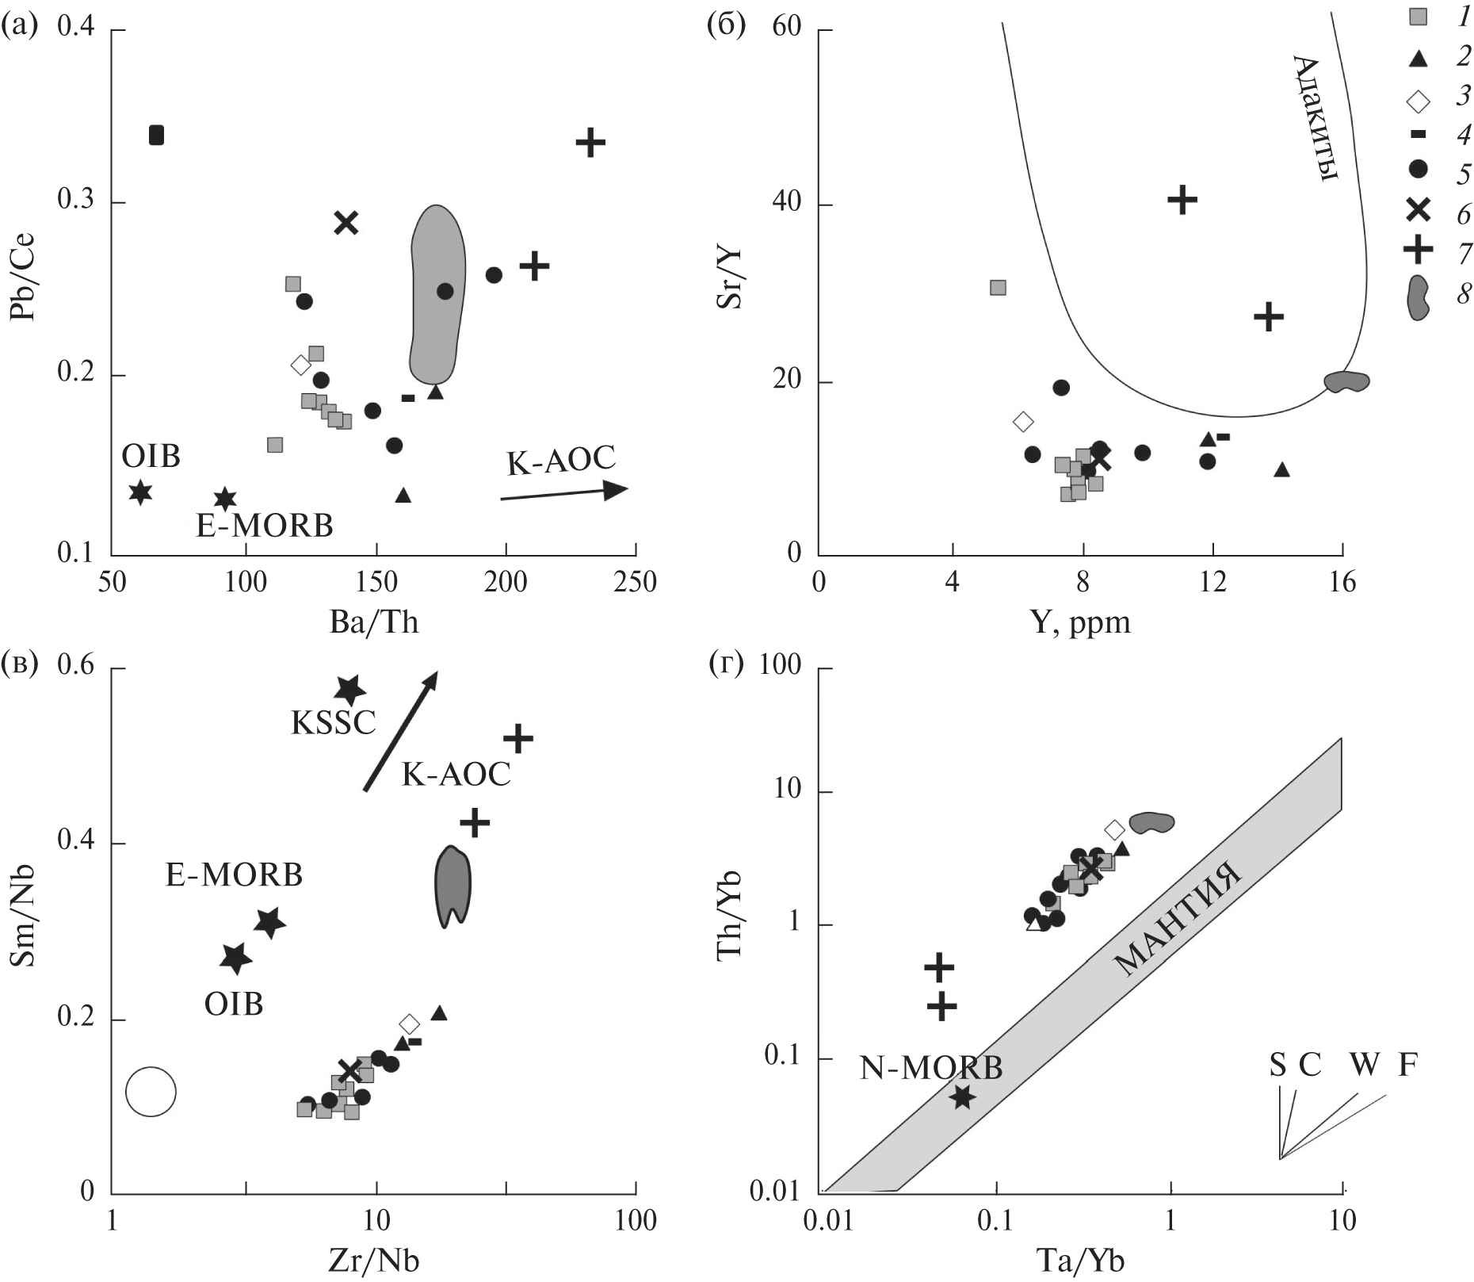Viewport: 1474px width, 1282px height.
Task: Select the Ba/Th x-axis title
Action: pos(374,622)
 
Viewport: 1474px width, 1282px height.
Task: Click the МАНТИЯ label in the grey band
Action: pos(1176,920)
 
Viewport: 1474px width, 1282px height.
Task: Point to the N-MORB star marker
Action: pos(962,1097)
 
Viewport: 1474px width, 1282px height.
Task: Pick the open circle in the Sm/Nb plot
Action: pos(151,1092)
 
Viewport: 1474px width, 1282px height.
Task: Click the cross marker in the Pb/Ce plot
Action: pos(346,223)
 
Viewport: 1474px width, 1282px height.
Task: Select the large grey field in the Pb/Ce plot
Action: pos(437,293)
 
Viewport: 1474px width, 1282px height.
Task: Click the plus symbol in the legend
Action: pos(1419,251)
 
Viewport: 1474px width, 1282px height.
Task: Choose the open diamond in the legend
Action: pos(1419,101)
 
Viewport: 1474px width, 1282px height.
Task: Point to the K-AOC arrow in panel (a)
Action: pos(564,492)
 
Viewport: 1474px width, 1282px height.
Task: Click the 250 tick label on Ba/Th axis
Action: pos(635,583)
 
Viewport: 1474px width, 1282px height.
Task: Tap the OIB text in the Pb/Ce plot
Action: pos(151,457)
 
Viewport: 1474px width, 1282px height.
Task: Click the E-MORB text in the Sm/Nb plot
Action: pos(235,875)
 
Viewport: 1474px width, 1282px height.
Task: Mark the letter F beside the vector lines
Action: pos(1407,1066)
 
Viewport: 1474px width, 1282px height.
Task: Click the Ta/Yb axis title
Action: pos(1079,1261)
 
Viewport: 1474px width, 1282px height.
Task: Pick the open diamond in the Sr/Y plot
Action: pos(1023,421)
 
